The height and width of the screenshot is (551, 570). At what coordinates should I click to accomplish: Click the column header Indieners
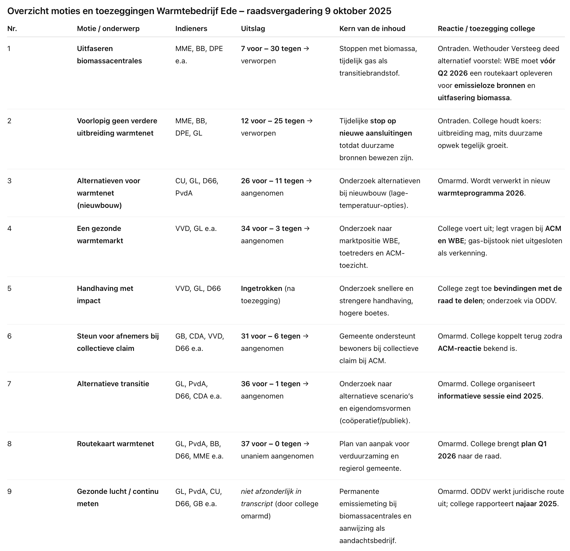pyautogui.click(x=191, y=28)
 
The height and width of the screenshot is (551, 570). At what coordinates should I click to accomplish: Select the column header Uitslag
pyautogui.click(x=253, y=28)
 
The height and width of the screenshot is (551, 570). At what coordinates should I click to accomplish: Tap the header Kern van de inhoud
pyautogui.click(x=372, y=28)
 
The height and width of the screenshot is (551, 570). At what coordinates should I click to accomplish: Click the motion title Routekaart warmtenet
pyautogui.click(x=115, y=444)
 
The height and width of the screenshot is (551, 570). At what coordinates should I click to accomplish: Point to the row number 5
pyautogui.click(x=9, y=288)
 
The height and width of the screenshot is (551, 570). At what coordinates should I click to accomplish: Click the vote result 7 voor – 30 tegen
pyautogui.click(x=271, y=48)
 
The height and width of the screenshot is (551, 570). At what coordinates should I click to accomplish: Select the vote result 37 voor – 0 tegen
pyautogui.click(x=271, y=444)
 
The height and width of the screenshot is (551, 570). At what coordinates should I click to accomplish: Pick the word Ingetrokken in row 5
pyautogui.click(x=261, y=288)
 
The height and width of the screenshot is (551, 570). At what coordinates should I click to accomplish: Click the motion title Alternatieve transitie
pyautogui.click(x=113, y=384)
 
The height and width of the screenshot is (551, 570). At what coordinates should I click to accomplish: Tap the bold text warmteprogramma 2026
pyautogui.click(x=481, y=193)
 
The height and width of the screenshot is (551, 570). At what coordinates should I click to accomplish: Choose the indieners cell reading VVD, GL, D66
pyautogui.click(x=198, y=288)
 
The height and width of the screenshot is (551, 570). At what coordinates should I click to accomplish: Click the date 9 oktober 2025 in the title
pyautogui.click(x=357, y=11)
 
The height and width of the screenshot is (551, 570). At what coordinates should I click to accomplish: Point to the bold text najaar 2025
pyautogui.click(x=536, y=504)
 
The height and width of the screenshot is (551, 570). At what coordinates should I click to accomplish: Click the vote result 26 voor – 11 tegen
pyautogui.click(x=272, y=181)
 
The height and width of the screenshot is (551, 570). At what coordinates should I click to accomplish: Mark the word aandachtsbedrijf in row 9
pyautogui.click(x=367, y=540)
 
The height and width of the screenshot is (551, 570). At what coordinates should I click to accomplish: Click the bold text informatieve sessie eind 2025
pyautogui.click(x=490, y=396)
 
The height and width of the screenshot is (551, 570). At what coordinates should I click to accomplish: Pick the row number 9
pyautogui.click(x=9, y=491)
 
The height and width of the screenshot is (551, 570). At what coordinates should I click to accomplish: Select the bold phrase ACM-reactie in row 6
pyautogui.click(x=459, y=348)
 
